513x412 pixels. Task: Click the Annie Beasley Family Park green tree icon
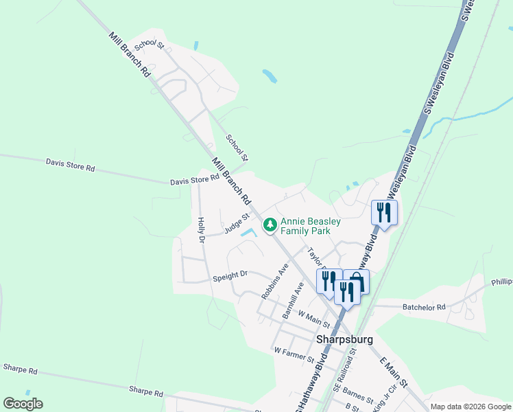click(x=270, y=225)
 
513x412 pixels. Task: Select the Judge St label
click(x=235, y=226)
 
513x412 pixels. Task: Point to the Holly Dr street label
click(x=201, y=230)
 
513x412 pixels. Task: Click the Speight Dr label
click(x=230, y=275)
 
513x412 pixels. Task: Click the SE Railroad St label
click(x=345, y=370)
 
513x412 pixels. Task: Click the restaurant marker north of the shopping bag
click(x=383, y=212)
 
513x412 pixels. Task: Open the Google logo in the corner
click(x=23, y=404)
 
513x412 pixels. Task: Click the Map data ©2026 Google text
click(x=471, y=407)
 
